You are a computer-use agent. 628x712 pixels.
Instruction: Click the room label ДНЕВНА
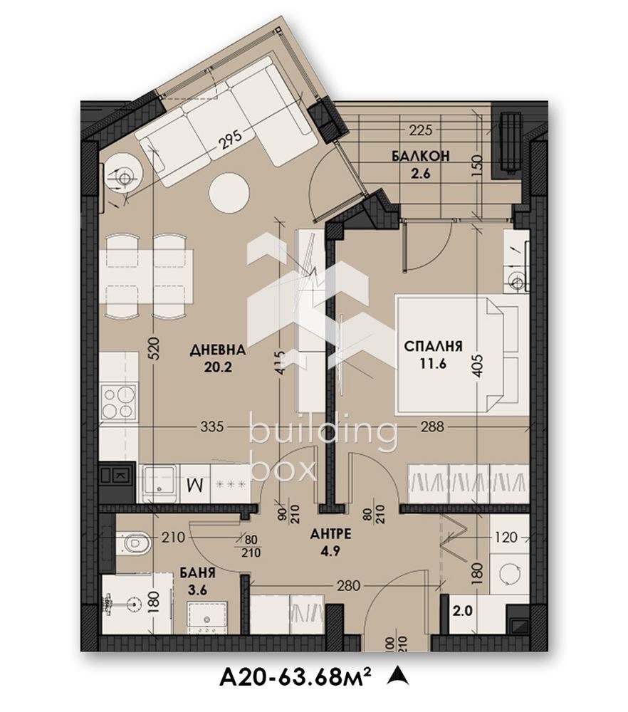tap(218, 350)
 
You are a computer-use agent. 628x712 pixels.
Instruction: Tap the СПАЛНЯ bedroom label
tap(434, 347)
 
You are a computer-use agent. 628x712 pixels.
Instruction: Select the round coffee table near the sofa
tap(229, 192)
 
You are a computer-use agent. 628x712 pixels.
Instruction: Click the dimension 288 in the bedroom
tap(432, 427)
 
